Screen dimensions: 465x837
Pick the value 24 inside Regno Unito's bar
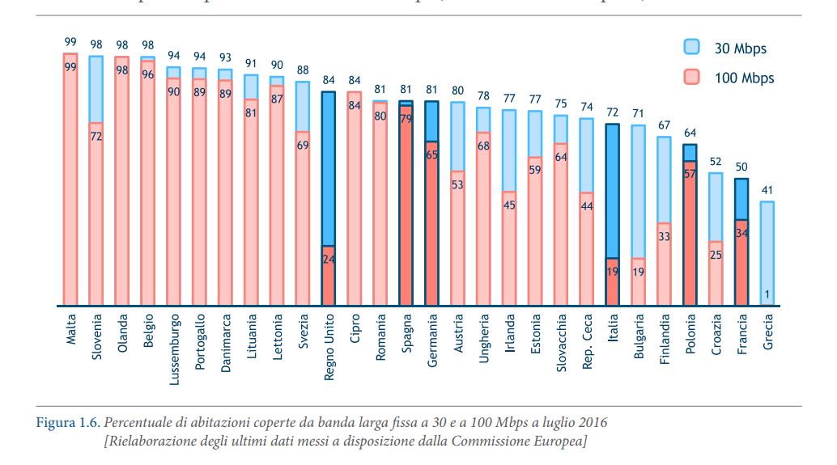(x=329, y=260)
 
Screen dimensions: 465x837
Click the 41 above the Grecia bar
(x=767, y=191)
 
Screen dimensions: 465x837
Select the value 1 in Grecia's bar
(x=767, y=294)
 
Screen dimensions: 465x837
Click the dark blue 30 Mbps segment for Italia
(x=613, y=191)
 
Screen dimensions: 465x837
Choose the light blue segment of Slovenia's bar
(x=96, y=89)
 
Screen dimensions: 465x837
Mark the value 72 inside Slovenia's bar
(x=96, y=137)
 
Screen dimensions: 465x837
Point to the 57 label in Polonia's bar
(x=690, y=173)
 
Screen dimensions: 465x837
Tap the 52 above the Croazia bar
(x=716, y=162)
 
